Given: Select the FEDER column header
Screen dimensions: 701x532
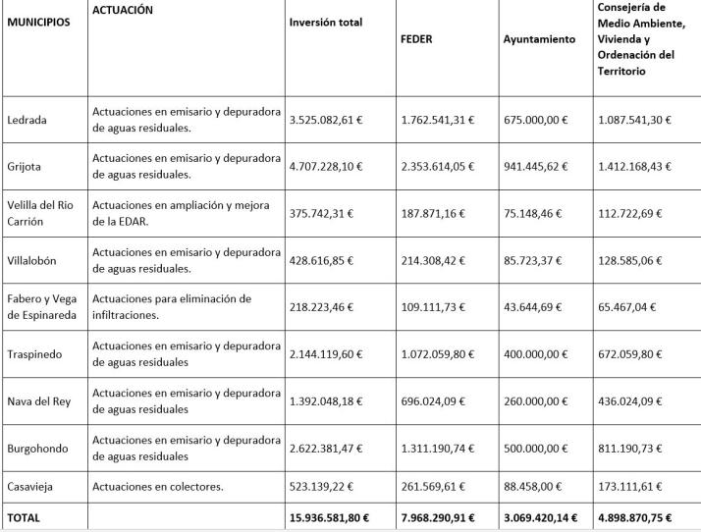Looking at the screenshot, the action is [x=417, y=40].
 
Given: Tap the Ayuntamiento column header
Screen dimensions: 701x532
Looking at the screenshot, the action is [x=539, y=40].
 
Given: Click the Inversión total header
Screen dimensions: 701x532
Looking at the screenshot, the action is [x=326, y=23].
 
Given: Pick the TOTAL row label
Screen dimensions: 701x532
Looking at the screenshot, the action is [x=24, y=517].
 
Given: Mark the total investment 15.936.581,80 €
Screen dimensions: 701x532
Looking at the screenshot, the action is [x=335, y=517].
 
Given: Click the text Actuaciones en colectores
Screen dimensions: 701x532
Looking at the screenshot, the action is [x=157, y=486].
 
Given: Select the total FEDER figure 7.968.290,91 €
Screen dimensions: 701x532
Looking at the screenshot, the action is [x=444, y=517].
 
